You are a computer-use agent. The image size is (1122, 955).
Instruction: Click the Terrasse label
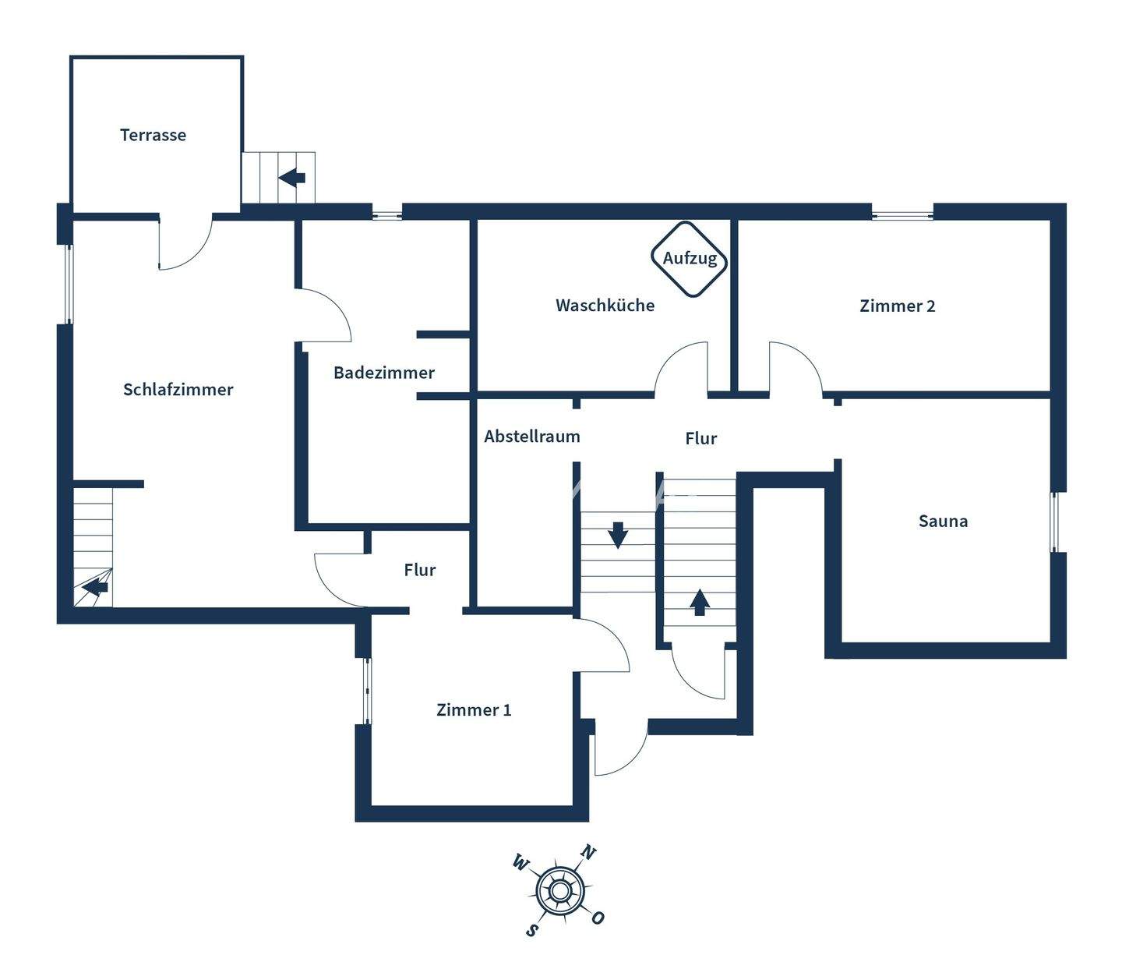click(x=153, y=135)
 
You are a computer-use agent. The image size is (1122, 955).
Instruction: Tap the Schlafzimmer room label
click(x=178, y=390)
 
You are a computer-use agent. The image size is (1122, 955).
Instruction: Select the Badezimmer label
click(x=384, y=373)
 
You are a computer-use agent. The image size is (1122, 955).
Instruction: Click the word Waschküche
click(x=605, y=306)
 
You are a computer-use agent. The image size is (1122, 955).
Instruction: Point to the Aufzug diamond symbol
click(x=690, y=259)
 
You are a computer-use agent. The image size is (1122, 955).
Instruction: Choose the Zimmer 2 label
click(x=897, y=306)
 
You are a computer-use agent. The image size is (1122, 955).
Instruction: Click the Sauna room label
click(x=943, y=521)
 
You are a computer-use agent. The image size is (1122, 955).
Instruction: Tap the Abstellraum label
click(x=532, y=437)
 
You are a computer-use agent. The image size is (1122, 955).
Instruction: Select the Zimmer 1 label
click(x=474, y=709)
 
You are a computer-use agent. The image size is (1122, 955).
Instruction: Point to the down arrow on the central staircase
click(x=618, y=535)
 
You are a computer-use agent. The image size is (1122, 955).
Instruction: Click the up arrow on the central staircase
click(x=699, y=602)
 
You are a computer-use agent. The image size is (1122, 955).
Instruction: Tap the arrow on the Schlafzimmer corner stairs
click(x=95, y=586)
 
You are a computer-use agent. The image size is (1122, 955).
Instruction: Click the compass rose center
click(x=559, y=890)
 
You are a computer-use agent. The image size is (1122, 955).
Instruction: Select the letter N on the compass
click(x=588, y=852)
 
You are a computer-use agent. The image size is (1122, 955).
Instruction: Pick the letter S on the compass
click(x=532, y=929)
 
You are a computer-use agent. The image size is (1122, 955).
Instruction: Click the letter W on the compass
click(x=520, y=862)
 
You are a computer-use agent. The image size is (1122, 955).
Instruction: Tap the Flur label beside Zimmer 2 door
click(x=700, y=439)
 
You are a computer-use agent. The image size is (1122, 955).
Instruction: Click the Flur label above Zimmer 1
click(x=419, y=571)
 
